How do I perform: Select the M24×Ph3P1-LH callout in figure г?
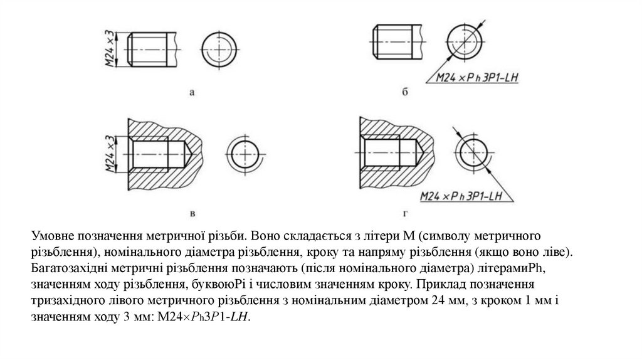coord(463,196)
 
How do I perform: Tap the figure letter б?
coord(405,93)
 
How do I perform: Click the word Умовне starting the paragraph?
coord(52,236)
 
